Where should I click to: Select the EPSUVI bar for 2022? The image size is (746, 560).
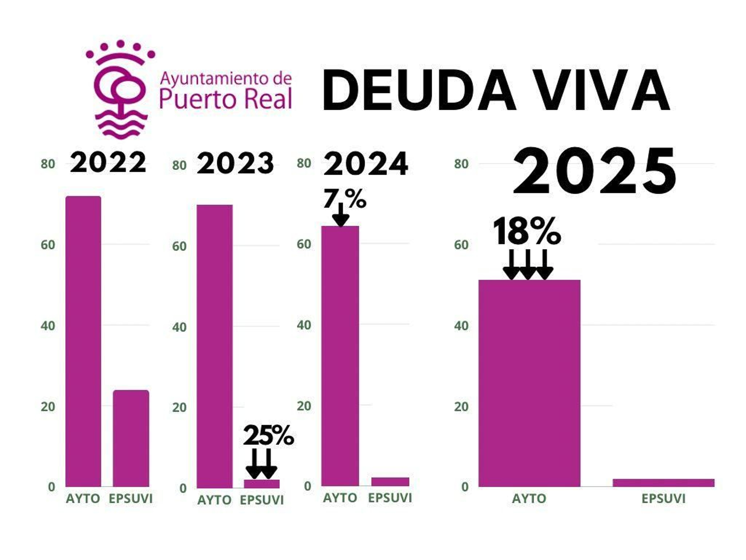click(x=131, y=439)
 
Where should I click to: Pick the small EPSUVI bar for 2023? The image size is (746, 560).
click(x=262, y=484)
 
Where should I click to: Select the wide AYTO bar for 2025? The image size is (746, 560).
click(x=529, y=383)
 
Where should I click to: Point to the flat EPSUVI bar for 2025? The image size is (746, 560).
click(x=663, y=483)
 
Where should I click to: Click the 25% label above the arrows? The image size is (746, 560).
click(x=268, y=435)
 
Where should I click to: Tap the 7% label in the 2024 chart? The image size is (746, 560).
click(x=345, y=199)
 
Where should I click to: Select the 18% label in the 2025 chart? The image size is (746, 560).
click(x=527, y=231)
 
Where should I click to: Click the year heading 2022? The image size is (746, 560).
click(x=108, y=163)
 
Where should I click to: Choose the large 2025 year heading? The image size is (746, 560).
click(x=594, y=171)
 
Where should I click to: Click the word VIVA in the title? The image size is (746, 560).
click(x=601, y=90)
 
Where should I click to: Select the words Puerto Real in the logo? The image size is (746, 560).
click(x=226, y=99)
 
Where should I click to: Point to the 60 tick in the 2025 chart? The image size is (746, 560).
click(x=461, y=245)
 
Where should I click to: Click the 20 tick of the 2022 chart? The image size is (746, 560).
click(x=48, y=406)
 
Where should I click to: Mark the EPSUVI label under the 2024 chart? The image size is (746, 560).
click(x=390, y=498)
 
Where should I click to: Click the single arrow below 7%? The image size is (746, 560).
click(x=341, y=215)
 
